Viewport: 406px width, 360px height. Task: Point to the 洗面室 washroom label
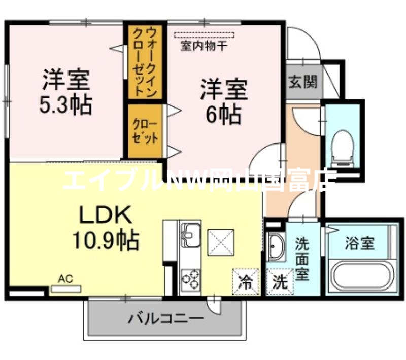(302, 259)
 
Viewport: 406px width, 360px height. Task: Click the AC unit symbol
(65, 289)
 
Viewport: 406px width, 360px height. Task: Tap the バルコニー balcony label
(165, 319)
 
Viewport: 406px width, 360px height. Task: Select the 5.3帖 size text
(66, 105)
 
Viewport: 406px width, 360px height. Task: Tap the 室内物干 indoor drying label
(204, 46)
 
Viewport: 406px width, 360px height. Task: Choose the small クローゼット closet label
(145, 131)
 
